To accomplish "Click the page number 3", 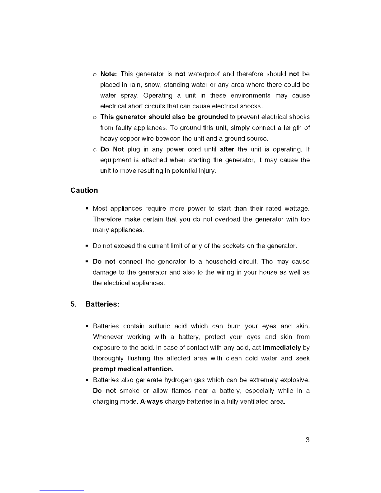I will (x=307, y=440).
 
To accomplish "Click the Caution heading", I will (x=84, y=190).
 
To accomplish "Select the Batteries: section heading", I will (x=102, y=304).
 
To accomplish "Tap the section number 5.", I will (x=73, y=304).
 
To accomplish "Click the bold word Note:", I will (x=108, y=74).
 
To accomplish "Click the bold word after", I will (x=227, y=149).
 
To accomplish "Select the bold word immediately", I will (x=282, y=348).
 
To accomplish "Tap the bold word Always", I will (x=152, y=401).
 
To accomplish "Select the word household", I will (x=223, y=261).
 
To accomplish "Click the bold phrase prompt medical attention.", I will (x=133, y=369).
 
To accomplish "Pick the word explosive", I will (x=295, y=380).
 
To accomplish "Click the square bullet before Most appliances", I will (x=87, y=208).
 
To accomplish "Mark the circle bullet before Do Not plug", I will (x=94, y=150).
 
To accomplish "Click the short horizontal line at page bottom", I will (x=62, y=490).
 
